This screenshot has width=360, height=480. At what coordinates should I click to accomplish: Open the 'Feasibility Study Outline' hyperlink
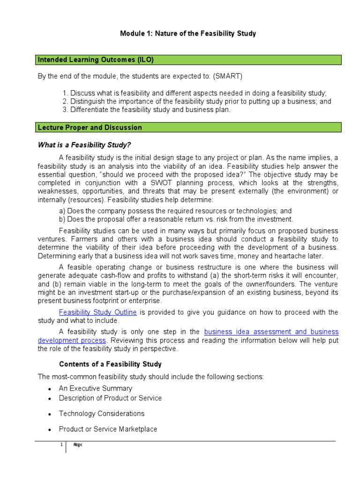pos(97,312)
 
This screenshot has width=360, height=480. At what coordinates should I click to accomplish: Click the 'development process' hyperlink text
pos(72,340)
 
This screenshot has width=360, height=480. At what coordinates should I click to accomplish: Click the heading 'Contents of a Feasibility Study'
pos(110,364)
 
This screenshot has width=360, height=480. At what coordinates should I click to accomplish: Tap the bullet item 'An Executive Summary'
pos(95,388)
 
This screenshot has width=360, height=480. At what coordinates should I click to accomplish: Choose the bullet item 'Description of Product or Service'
pos(110,398)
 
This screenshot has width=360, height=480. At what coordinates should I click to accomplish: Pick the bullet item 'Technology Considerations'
pos(101,413)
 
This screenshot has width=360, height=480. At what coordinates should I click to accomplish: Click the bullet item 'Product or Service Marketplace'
pos(108,429)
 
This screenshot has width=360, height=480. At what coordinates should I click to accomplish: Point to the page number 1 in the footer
pos(61,445)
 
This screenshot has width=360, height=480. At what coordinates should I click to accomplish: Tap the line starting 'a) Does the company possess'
pos(175,211)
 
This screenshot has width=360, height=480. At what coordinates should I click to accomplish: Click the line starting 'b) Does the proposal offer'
pos(176,219)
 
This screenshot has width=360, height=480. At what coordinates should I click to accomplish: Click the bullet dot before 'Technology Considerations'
pos(50,414)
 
